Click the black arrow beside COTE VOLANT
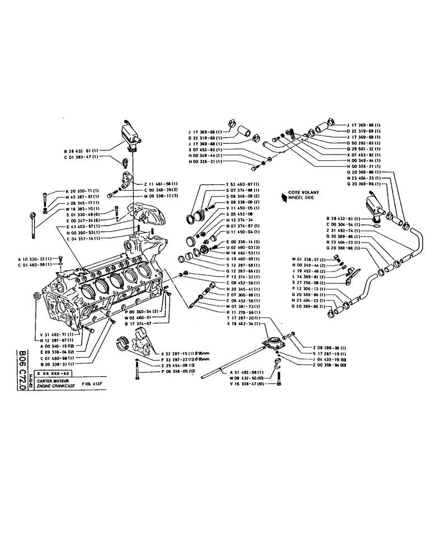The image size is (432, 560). (x=284, y=195)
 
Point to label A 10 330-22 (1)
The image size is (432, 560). (x=34, y=259)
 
